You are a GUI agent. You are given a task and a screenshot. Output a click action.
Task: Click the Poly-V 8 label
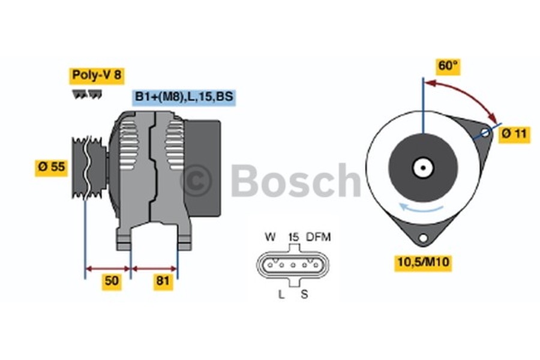coord(97,75)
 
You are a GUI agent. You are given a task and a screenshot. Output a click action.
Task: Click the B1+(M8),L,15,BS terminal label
coord(184,97)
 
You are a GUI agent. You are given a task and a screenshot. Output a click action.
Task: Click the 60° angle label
coord(448,66)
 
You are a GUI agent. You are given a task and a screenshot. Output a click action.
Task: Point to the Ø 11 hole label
coord(514,134)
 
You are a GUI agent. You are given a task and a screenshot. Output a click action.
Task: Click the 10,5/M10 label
coord(422,262)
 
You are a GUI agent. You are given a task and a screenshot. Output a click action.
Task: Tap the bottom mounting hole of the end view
coord(423,238)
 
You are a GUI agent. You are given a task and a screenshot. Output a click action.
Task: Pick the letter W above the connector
coord(270,237)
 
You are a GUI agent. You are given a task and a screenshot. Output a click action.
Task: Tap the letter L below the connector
coord(281,294)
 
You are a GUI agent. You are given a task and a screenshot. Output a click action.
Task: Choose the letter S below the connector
coord(304,294)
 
